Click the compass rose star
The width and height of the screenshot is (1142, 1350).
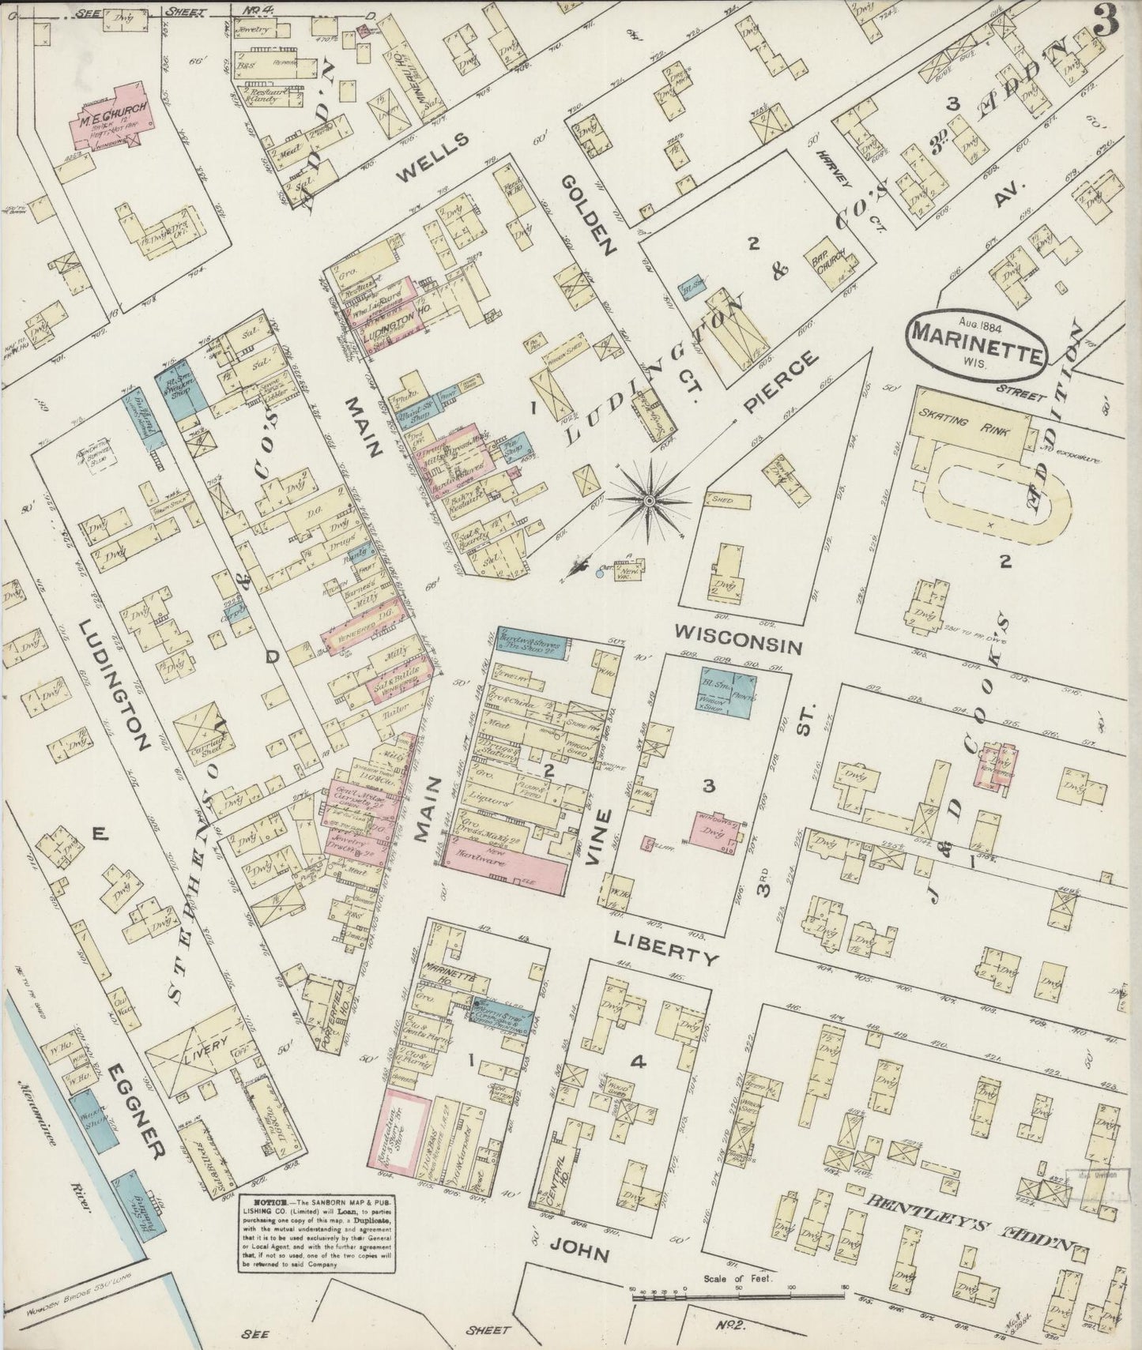(649, 500)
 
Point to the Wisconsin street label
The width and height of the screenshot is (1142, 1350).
(740, 640)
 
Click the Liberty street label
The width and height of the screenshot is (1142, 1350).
(666, 947)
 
